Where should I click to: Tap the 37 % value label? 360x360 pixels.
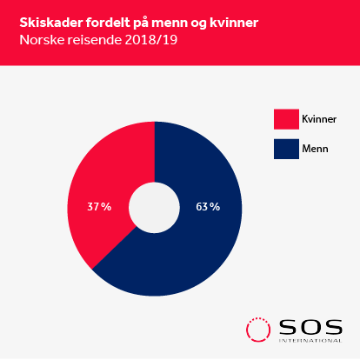pos(99,207)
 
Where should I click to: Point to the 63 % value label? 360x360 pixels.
pos(208,207)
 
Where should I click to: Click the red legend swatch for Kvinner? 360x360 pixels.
pos(286,119)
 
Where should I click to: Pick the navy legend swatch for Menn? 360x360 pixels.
pos(286,149)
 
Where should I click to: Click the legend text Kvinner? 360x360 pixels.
pos(319,119)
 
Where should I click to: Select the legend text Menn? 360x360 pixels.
pos(315,149)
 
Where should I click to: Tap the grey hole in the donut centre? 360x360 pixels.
pos(154,208)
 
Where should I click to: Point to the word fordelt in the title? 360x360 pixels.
pos(108,23)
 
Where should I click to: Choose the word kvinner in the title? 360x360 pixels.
pos(234,23)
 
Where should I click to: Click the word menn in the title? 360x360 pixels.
pos(170,23)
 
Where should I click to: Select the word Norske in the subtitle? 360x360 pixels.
pos(42,40)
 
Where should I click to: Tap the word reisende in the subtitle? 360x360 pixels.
pos(94,40)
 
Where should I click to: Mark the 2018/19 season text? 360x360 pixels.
pos(150,40)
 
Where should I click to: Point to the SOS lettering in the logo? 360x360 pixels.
pos(310,327)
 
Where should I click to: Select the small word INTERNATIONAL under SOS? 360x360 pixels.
pos(310,341)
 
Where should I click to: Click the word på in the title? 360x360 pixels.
pos(141,23)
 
